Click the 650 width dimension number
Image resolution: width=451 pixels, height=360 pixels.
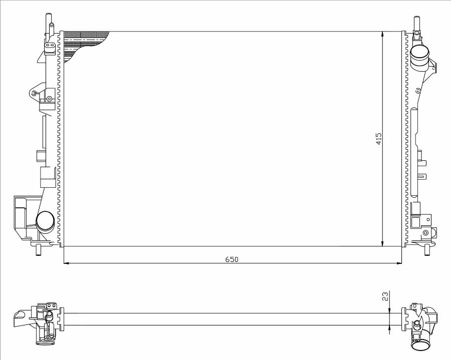click(232, 259)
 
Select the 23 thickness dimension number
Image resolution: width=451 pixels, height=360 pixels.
click(386, 296)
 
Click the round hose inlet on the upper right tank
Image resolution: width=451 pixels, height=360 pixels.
click(419, 55)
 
